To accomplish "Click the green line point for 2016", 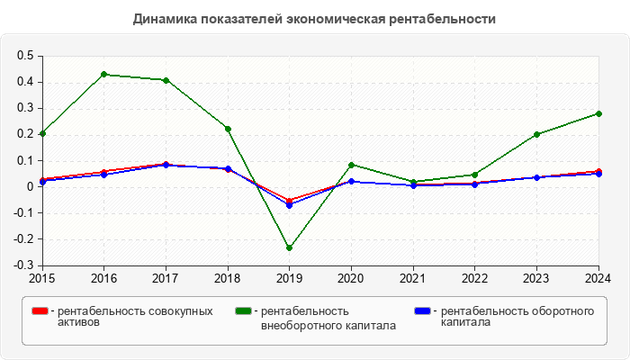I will [x=103, y=74].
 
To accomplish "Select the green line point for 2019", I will [x=289, y=247].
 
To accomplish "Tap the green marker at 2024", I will [x=598, y=113].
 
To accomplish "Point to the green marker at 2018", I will [x=228, y=129].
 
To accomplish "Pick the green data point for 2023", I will [x=536, y=134].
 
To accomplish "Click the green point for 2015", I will [x=42, y=133].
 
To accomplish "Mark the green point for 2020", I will [x=351, y=165].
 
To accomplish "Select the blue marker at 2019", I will [x=289, y=205].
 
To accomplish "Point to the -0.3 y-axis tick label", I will [x=22, y=266].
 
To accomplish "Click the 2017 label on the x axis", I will [x=166, y=278].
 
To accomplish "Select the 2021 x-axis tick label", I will [x=413, y=278].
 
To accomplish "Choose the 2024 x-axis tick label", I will [x=598, y=278].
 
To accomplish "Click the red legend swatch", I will [x=40, y=311].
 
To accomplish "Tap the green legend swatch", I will [x=243, y=311].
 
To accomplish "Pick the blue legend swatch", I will [x=422, y=311].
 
